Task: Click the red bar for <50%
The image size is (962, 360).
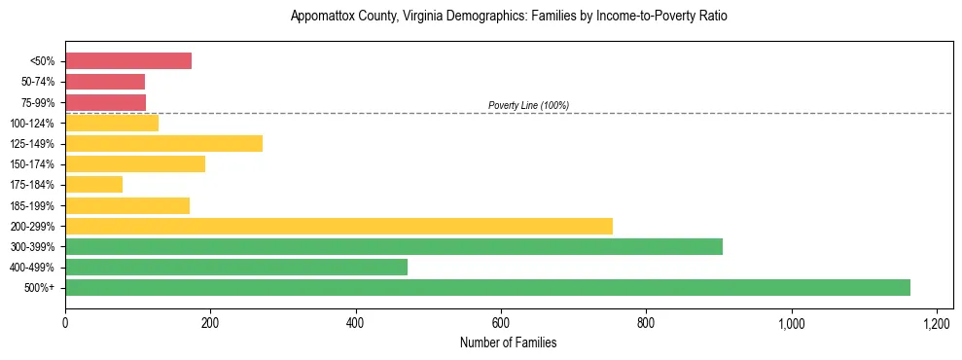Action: tap(128, 61)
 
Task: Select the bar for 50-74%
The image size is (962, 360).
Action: tap(105, 82)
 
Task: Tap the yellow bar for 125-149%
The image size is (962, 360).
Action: tap(163, 144)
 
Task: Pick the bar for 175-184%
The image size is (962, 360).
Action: tap(93, 185)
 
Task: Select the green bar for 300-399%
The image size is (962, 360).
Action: tap(394, 247)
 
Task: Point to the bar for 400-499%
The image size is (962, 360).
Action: tap(236, 268)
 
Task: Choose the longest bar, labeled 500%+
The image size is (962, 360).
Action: tap(487, 288)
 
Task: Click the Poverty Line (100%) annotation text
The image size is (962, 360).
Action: tap(528, 105)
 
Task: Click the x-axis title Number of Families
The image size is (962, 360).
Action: tap(509, 342)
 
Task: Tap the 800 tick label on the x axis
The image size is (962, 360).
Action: tap(646, 323)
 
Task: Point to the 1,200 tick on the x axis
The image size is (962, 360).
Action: tap(937, 323)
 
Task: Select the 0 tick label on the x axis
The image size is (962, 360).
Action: tap(65, 323)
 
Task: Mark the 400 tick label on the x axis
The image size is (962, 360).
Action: tap(356, 323)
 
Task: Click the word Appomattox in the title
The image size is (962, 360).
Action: tap(322, 17)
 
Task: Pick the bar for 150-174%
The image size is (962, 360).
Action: tap(135, 164)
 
